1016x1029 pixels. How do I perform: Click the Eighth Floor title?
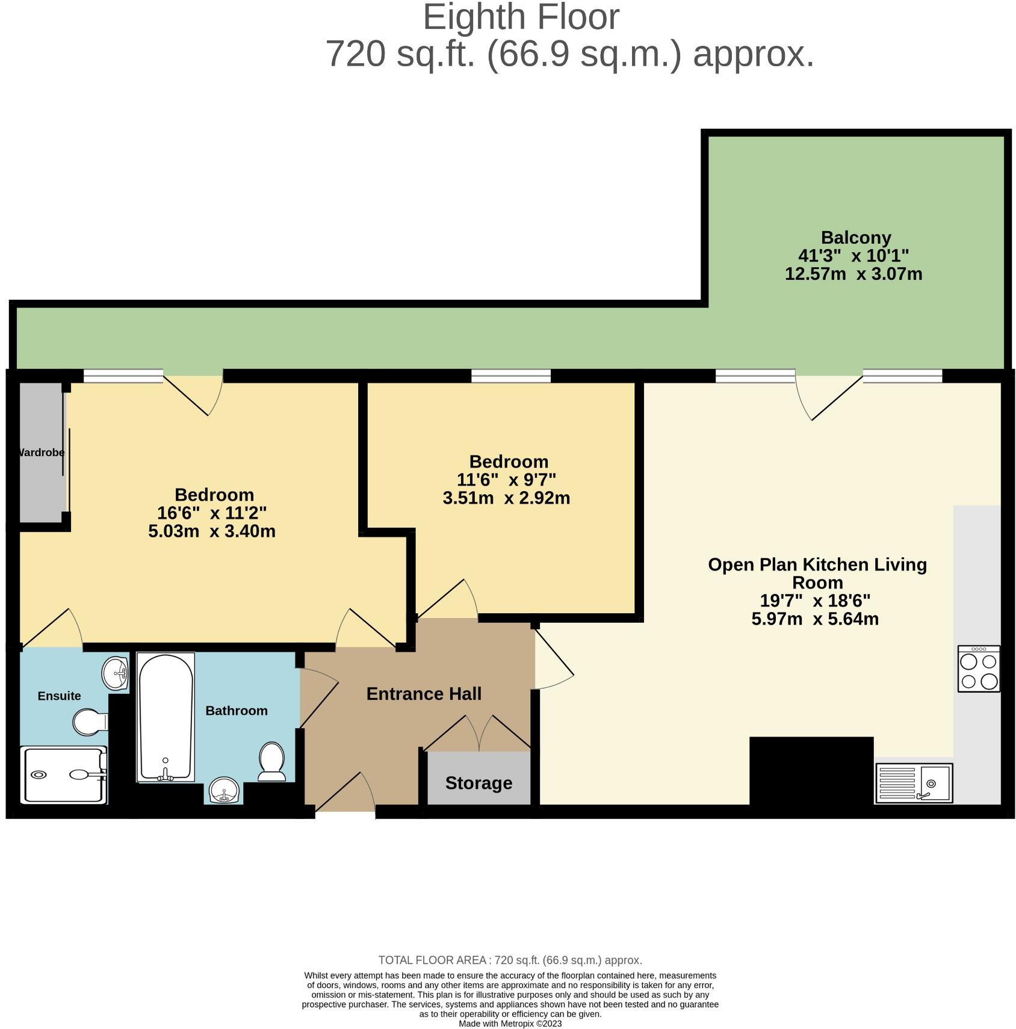click(x=521, y=18)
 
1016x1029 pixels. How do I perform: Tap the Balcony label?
click(x=855, y=238)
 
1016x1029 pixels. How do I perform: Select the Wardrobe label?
click(x=41, y=453)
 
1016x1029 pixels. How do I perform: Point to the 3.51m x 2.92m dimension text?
click(x=506, y=498)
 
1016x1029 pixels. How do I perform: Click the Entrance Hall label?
click(x=424, y=694)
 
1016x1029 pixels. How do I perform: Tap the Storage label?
click(x=479, y=783)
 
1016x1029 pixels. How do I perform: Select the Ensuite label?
click(x=59, y=696)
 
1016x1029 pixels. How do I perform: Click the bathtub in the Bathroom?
click(x=166, y=716)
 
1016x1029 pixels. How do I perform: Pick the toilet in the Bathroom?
click(x=272, y=761)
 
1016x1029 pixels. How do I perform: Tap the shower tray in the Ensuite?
click(x=63, y=775)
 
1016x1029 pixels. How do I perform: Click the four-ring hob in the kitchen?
click(x=979, y=669)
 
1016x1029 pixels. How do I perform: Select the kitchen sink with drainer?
click(x=914, y=783)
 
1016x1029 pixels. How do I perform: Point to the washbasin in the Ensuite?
click(x=115, y=673)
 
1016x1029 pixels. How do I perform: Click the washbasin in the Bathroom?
click(x=225, y=790)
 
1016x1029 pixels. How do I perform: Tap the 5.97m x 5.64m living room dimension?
click(x=815, y=619)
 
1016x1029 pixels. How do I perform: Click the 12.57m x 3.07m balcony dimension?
click(x=853, y=274)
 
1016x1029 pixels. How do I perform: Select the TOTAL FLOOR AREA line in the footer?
click(x=510, y=960)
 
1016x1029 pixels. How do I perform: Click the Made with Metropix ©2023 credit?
click(x=510, y=1024)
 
